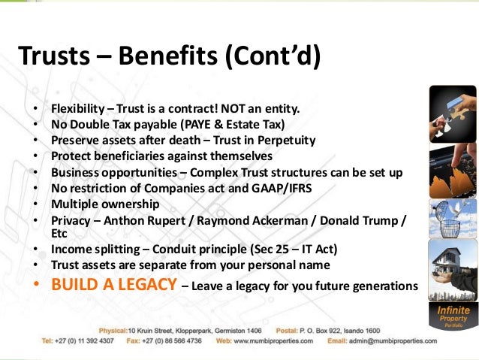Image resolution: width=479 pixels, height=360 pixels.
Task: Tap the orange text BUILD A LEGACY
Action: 114,286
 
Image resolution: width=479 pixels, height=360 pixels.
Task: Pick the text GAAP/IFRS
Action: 275,189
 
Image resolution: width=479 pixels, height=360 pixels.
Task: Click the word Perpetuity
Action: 282,139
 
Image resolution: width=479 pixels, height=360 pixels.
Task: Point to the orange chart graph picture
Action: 452,171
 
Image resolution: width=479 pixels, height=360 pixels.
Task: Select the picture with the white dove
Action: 452,219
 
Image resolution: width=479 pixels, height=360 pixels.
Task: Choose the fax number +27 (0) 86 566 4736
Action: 170,341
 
